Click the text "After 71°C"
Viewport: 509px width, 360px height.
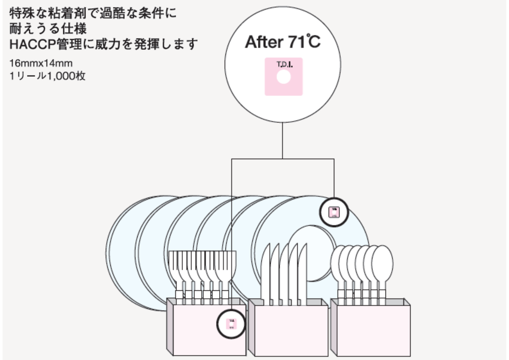pyautogui.click(x=283, y=42)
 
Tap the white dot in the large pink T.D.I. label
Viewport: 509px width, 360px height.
pyautogui.click(x=284, y=77)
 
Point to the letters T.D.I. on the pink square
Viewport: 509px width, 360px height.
pyautogui.click(x=284, y=64)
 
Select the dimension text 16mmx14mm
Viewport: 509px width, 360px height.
pyautogui.click(x=41, y=63)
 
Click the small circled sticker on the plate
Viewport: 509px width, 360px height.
pyautogui.click(x=334, y=212)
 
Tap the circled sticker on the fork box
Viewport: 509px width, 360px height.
pyautogui.click(x=231, y=324)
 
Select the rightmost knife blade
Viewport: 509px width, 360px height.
pyautogui.click(x=302, y=273)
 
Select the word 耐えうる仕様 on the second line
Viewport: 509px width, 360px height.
pyautogui.click(x=48, y=29)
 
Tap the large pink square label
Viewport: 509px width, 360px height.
pyautogui.click(x=284, y=87)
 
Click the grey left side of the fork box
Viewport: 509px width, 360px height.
pyautogui.click(x=170, y=327)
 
